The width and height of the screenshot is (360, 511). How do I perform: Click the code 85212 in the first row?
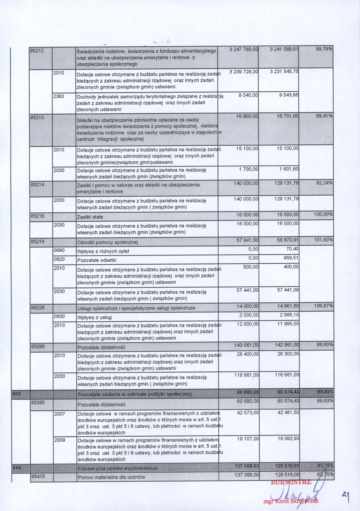point(37,51)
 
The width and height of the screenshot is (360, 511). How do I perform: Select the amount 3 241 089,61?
point(284,49)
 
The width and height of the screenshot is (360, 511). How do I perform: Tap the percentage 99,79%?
point(324,49)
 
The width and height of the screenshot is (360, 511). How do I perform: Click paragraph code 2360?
point(59,96)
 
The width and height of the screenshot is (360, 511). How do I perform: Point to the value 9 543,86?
point(289,95)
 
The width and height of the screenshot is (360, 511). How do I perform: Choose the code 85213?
point(37,117)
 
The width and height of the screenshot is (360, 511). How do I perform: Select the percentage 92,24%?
point(324,183)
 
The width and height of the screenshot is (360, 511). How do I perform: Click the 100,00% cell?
point(323,214)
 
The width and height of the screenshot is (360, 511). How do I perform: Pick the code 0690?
point(59,251)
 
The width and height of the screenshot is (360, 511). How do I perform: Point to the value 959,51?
point(290,258)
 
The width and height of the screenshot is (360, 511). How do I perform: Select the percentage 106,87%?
point(323,306)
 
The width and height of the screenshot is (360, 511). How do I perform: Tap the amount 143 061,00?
point(246,345)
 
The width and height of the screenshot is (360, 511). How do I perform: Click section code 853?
point(16,394)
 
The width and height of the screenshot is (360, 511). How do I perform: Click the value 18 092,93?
point(288,438)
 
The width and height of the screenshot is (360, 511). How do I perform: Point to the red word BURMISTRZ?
point(291,482)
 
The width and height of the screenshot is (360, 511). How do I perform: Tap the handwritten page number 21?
point(346,495)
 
